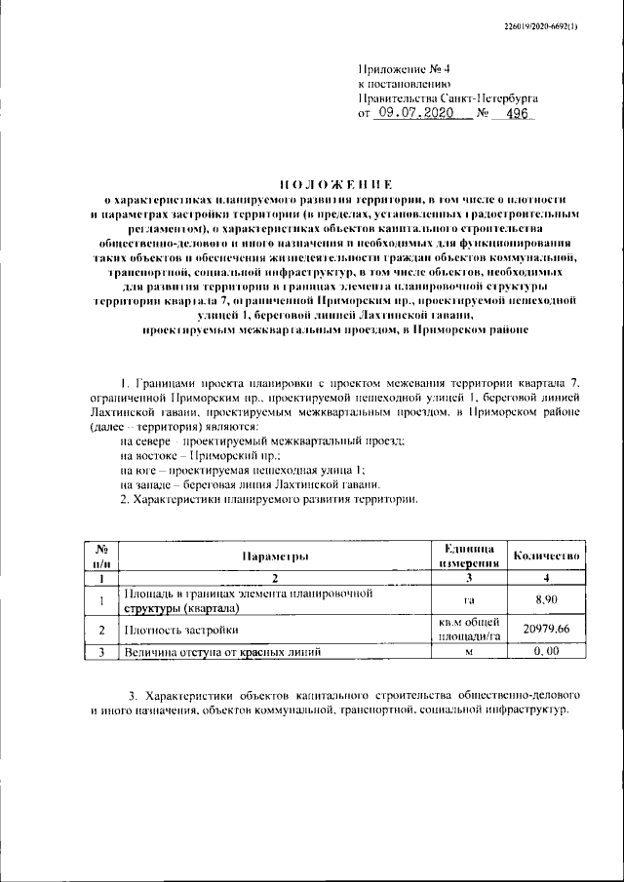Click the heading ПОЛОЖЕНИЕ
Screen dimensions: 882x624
(336, 184)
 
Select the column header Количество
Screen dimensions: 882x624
(547, 556)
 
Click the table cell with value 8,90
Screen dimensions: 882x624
(547, 599)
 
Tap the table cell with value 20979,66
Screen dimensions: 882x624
(547, 631)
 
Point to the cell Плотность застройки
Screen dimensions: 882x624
(175, 631)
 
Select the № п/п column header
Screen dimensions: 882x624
(100, 556)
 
